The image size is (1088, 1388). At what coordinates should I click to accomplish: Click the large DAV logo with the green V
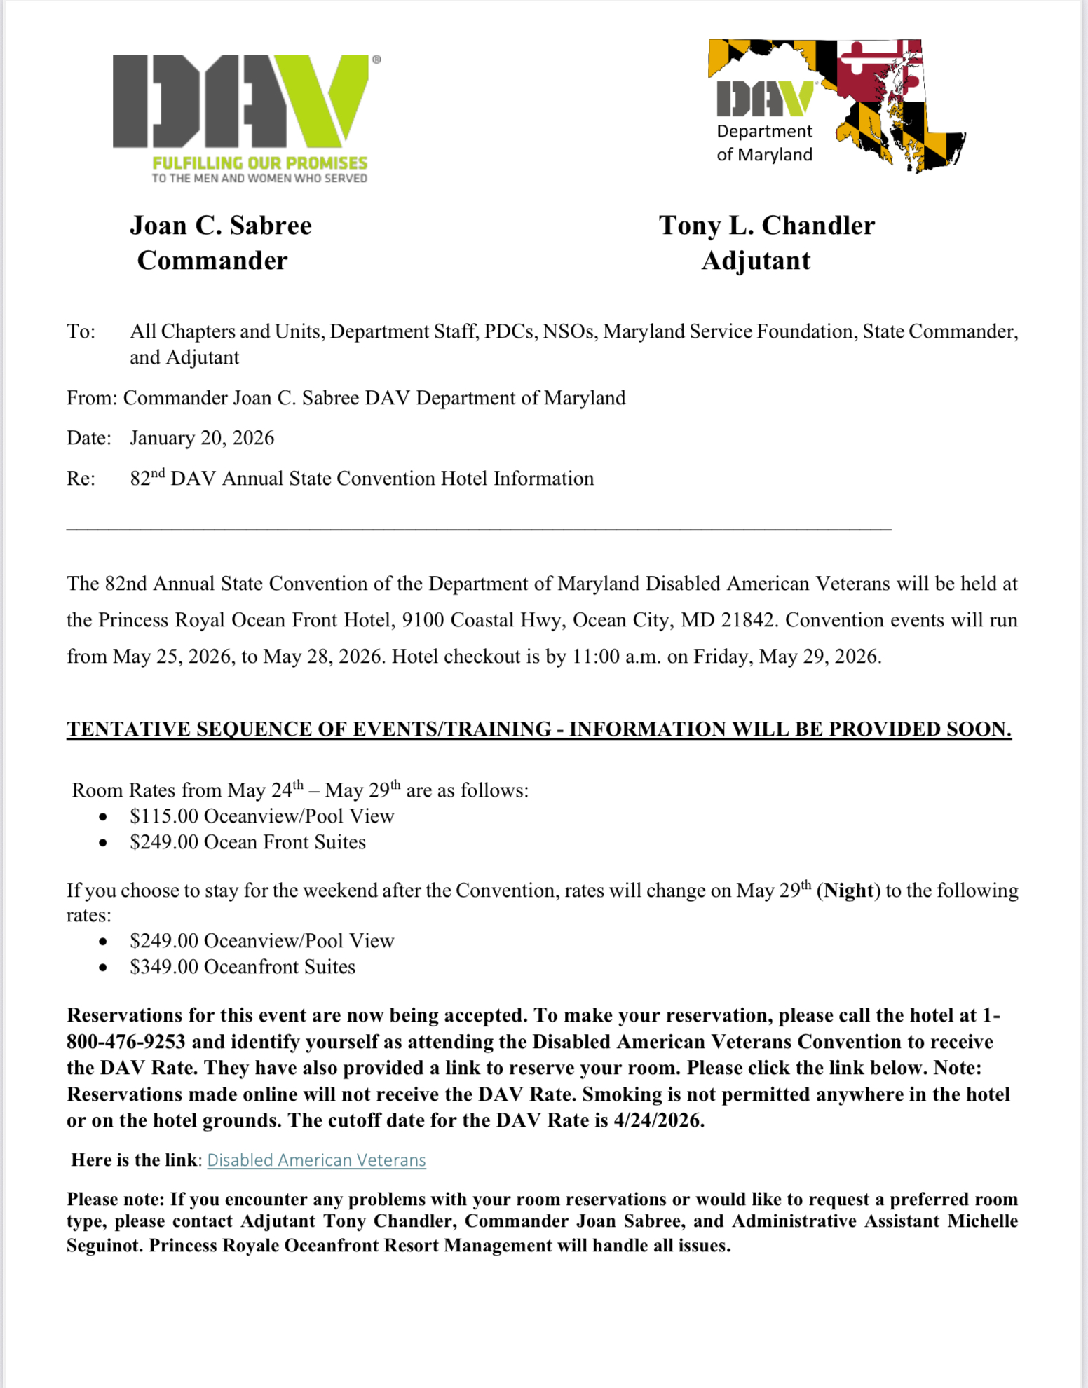242,102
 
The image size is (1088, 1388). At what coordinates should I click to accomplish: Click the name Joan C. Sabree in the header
221,226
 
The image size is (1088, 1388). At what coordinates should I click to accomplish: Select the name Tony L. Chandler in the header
766,226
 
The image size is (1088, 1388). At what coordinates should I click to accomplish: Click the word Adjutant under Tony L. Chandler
756,261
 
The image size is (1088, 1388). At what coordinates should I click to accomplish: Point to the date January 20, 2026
202,438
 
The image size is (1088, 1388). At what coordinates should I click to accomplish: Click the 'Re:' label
81,479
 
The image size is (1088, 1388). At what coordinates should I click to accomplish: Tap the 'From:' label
91,398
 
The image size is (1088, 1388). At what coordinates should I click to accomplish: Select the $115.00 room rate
164,816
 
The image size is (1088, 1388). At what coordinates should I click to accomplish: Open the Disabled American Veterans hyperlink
316,1160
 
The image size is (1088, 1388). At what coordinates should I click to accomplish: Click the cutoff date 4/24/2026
658,1120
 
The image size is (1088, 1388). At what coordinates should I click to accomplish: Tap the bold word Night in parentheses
849,891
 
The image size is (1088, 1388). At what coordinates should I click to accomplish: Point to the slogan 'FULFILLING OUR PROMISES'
260,163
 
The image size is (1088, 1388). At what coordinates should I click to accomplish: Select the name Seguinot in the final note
102,1246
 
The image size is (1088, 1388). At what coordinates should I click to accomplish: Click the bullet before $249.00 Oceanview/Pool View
103,942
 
